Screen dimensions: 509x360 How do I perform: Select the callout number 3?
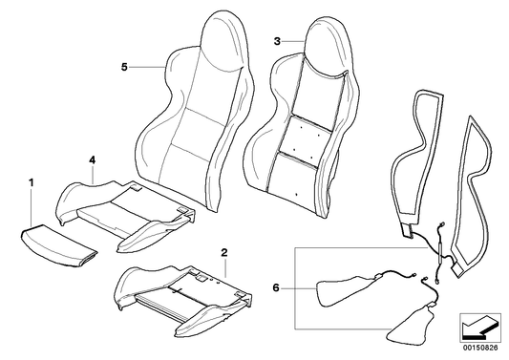(277, 41)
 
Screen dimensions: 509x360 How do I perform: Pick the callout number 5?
(124, 67)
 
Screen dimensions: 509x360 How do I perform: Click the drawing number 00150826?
(479, 348)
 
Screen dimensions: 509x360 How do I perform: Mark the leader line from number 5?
(148, 67)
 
